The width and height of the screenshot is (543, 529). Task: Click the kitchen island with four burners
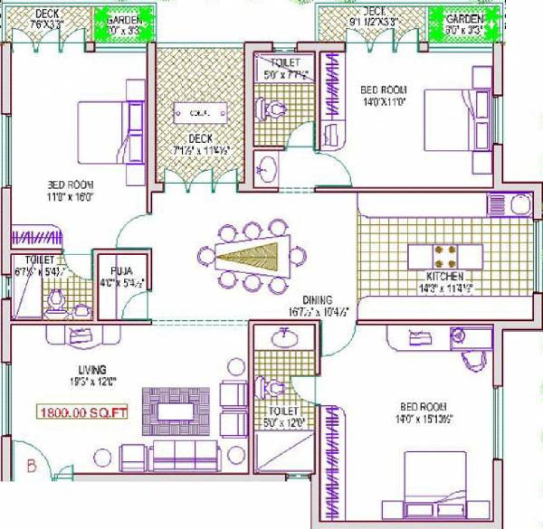tap(444, 254)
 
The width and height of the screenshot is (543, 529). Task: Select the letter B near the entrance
tap(30, 467)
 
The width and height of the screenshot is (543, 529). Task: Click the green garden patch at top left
tap(125, 25)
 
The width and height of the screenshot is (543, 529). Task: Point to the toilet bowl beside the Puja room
tap(56, 299)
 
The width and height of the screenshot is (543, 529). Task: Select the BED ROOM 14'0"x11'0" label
tap(383, 96)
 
